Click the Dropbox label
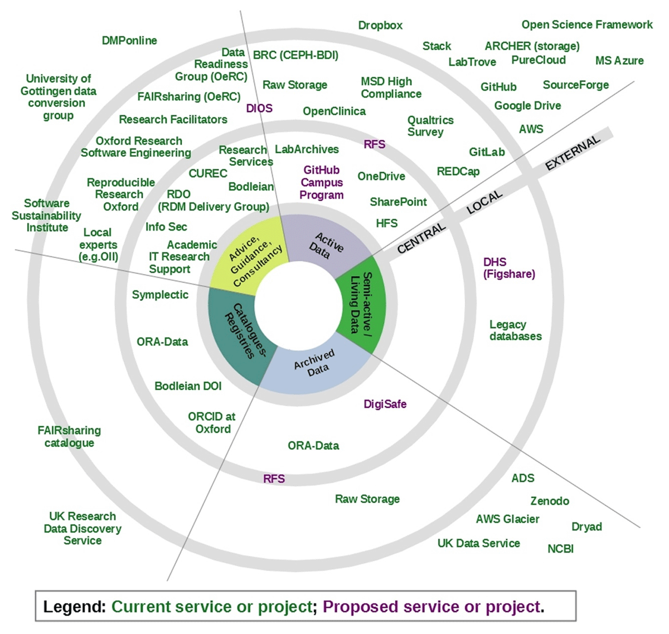click(380, 25)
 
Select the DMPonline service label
click(129, 41)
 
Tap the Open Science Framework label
click(587, 25)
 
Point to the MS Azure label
click(619, 61)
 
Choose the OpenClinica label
click(334, 111)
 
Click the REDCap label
click(458, 172)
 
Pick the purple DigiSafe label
click(385, 404)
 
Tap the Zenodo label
click(550, 501)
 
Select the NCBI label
click(560, 549)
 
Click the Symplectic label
click(160, 295)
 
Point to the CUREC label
click(208, 173)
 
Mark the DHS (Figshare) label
click(509, 268)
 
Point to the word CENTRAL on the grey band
click(421, 238)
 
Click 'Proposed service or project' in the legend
click(432, 607)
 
